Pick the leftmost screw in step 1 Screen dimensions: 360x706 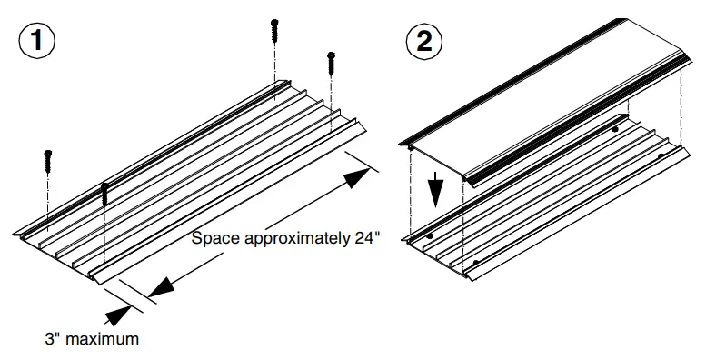coord(48,162)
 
